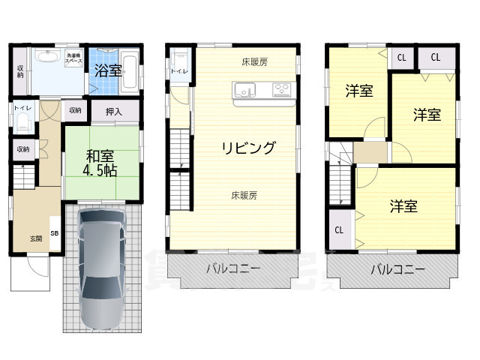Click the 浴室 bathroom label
pyautogui.click(x=109, y=70)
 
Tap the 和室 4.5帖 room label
pyautogui.click(x=100, y=163)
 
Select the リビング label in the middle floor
pyautogui.click(x=247, y=147)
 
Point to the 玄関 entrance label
pyautogui.click(x=36, y=238)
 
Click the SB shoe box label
pyautogui.click(x=55, y=233)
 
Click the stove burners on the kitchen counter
pyautogui.click(x=281, y=91)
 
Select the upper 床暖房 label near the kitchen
pyautogui.click(x=255, y=62)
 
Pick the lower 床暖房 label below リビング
pyautogui.click(x=244, y=195)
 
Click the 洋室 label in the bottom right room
pyautogui.click(x=403, y=206)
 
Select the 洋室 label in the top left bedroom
pyautogui.click(x=359, y=91)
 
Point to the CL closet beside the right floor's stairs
pyautogui.click(x=339, y=230)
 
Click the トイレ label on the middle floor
pyautogui.click(x=179, y=71)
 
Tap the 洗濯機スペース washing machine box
pyautogui.click(x=74, y=58)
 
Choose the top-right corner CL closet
pyautogui.click(x=436, y=57)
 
